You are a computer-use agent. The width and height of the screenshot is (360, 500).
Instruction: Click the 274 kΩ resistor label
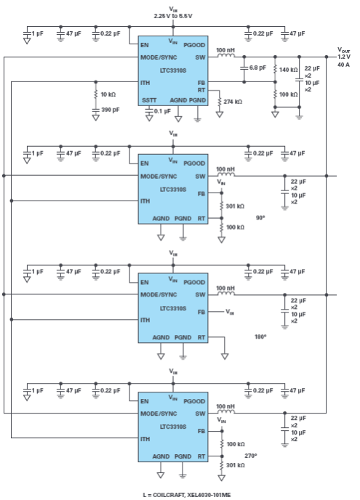coord(233,102)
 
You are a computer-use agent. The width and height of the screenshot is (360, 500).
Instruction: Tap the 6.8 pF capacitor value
coord(257,68)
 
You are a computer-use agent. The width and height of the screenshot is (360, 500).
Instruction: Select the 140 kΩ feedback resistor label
coord(289,70)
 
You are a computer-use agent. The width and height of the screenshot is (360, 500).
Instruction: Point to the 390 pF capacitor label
coord(111,110)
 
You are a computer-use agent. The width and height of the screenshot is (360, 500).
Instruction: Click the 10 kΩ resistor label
coord(108,94)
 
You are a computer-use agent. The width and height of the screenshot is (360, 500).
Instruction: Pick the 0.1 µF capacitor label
coord(162,111)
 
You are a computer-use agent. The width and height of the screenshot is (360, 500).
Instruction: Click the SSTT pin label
coord(149,100)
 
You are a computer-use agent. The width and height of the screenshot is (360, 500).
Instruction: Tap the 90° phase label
coord(260,218)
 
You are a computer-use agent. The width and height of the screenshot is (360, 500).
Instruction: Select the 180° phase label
coord(260,336)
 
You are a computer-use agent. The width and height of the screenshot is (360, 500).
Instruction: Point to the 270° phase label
coord(251,456)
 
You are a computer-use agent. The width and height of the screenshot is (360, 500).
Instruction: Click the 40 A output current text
coord(343,65)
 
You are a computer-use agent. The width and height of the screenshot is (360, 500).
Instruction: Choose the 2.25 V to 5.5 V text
coord(173,16)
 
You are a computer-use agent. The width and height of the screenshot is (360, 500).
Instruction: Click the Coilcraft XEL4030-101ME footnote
coord(187,495)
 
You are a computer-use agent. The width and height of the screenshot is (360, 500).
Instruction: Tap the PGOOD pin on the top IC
coord(194,45)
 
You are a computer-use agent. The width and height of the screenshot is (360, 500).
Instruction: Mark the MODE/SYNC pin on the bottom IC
coord(159,414)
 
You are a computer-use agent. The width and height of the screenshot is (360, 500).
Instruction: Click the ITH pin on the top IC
coord(145,83)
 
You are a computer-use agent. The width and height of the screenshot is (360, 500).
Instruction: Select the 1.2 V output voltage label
coord(344,57)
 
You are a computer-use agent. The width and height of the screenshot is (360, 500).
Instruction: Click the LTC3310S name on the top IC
coord(173,70)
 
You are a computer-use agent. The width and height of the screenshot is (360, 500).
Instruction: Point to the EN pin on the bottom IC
coord(145,401)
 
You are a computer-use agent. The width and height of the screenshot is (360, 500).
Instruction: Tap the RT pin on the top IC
coord(201,90)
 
